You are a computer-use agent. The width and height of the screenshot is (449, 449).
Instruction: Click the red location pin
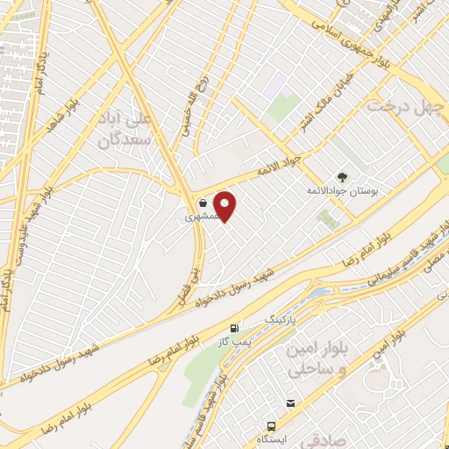pyautogui.click(x=225, y=205)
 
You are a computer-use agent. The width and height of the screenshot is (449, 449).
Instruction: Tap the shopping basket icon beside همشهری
pyautogui.click(x=203, y=203)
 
